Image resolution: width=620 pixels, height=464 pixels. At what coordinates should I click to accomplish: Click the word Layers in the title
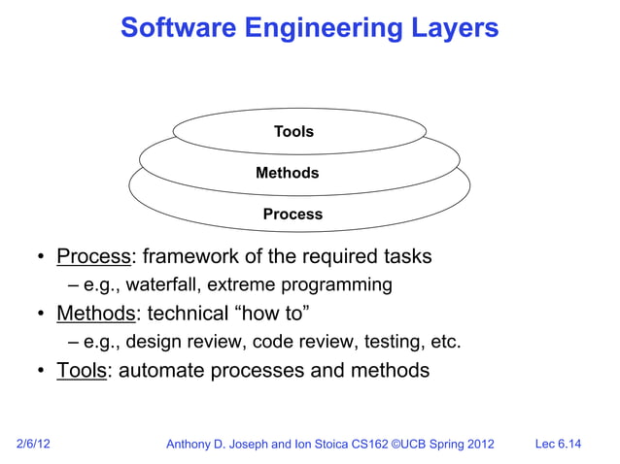click(x=454, y=29)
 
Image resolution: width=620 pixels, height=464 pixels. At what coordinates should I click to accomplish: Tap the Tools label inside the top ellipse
click(x=293, y=132)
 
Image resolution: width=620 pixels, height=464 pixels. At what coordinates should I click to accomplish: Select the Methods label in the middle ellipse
click(x=287, y=173)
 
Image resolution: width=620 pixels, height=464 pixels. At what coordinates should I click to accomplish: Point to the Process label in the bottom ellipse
click(x=293, y=215)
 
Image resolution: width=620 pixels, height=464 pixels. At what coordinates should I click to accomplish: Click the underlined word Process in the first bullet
click(x=93, y=257)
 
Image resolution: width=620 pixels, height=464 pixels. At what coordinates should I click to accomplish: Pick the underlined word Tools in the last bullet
click(x=81, y=371)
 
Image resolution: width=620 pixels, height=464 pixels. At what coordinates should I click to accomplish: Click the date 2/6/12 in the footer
click(x=34, y=445)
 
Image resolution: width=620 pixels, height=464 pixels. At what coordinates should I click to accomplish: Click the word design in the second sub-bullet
click(x=155, y=342)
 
